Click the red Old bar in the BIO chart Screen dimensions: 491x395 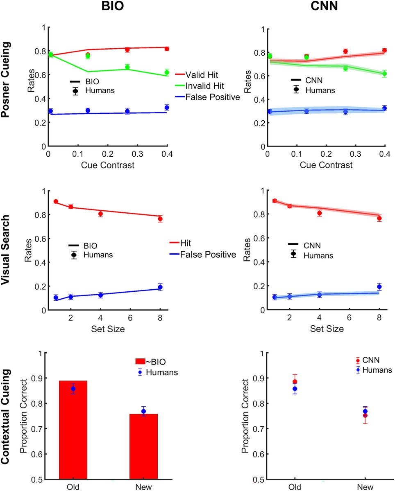pyautogui.click(x=73, y=430)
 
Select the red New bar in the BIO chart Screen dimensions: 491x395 pyautogui.click(x=143, y=446)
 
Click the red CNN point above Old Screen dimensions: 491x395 pyautogui.click(x=295, y=382)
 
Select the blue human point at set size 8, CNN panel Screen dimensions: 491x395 pyautogui.click(x=379, y=287)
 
